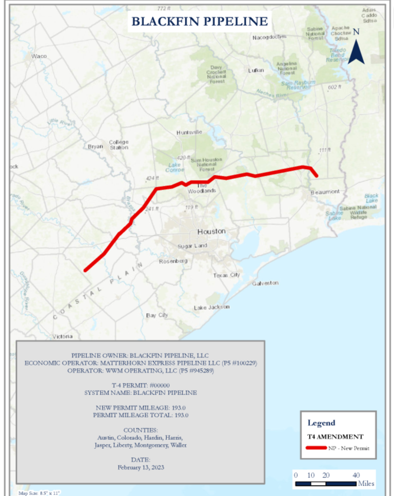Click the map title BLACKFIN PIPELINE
(x=200, y=21)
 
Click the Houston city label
(x=211, y=232)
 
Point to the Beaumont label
(x=325, y=192)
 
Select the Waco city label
(x=39, y=56)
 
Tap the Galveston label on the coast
(x=265, y=283)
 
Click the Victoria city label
(x=63, y=337)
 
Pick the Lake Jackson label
(x=211, y=307)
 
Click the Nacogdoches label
(x=269, y=37)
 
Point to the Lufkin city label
(x=255, y=70)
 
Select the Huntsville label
(x=189, y=132)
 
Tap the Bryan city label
(x=95, y=146)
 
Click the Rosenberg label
(x=173, y=261)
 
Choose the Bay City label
(x=157, y=315)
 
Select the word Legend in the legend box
(x=321, y=423)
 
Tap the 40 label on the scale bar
(x=356, y=475)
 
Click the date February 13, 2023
(x=141, y=467)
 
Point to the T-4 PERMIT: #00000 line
(x=141, y=386)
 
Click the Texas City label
(x=226, y=275)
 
